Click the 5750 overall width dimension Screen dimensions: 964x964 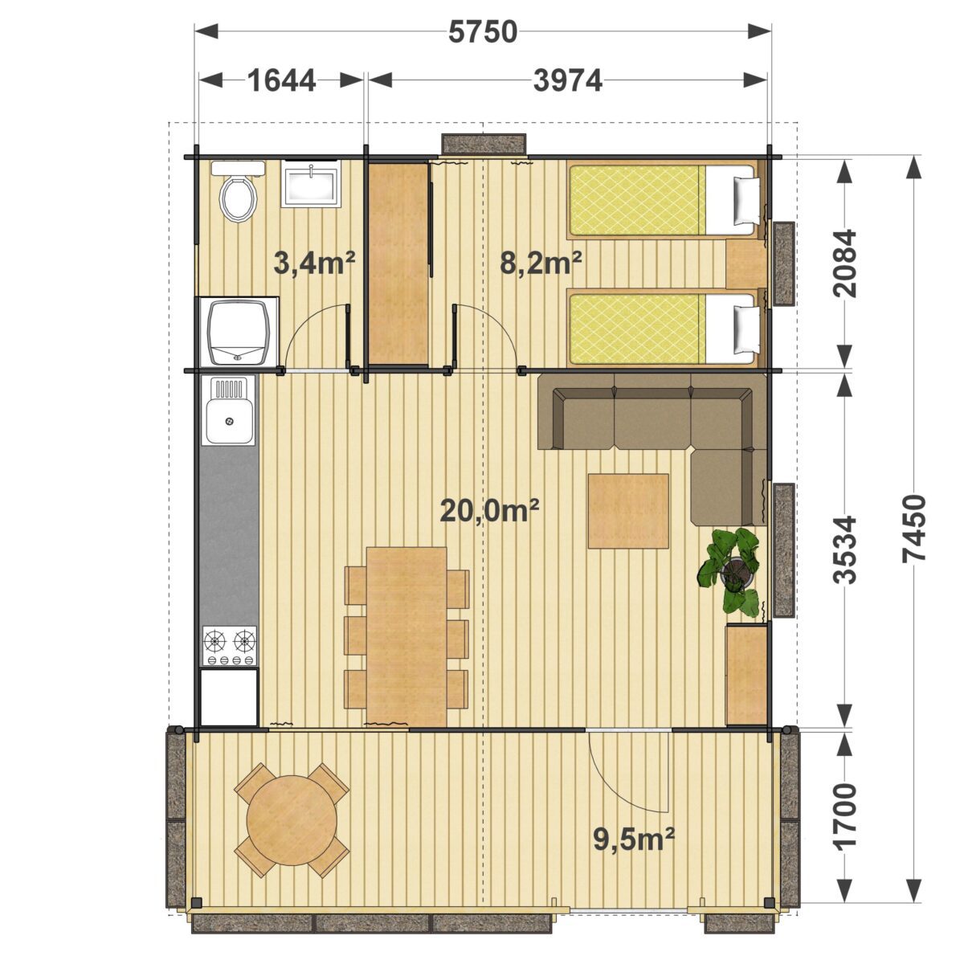point(482,33)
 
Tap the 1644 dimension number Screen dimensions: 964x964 point(282,80)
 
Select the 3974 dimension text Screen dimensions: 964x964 point(567,80)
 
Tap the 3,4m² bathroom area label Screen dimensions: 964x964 point(314,263)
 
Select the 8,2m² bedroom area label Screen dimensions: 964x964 point(541,263)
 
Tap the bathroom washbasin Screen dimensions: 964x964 point(311,184)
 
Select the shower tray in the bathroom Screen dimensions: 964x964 point(239,333)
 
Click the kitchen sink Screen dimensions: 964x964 point(229,413)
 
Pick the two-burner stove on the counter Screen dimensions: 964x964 point(229,645)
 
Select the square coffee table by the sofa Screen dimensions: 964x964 point(629,511)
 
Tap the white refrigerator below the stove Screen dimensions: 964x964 point(229,697)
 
